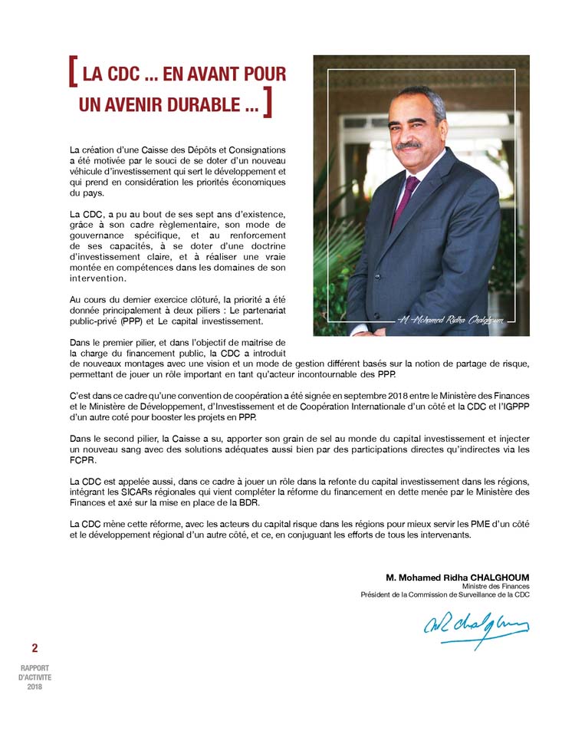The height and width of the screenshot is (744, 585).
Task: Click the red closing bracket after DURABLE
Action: [x=267, y=104]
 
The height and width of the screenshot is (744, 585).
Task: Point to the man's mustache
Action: [x=409, y=145]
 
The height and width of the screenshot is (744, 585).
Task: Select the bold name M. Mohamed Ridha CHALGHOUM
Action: [x=457, y=577]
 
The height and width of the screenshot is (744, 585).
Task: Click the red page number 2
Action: [x=35, y=648]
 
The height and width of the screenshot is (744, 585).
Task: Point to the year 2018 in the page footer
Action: [x=35, y=686]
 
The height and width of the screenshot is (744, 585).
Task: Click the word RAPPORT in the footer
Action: [x=35, y=669]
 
